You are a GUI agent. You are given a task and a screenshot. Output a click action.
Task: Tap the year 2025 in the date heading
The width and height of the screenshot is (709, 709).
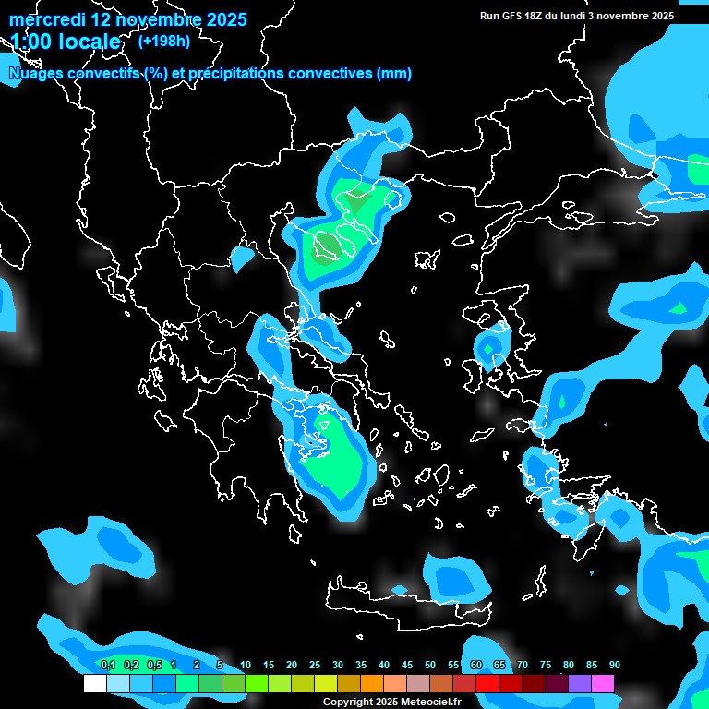click(x=221, y=19)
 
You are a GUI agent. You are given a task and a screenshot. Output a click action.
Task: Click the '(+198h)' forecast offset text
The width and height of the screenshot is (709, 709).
click(x=163, y=41)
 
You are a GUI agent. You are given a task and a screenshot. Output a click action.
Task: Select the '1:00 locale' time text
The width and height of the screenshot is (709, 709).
click(x=66, y=42)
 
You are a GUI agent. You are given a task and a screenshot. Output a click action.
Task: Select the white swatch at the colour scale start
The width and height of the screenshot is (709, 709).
click(x=95, y=684)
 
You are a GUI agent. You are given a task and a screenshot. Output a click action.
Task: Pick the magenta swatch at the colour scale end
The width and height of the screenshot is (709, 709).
click(x=603, y=684)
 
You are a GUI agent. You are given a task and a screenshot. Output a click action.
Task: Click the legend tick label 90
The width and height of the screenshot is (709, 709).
click(x=615, y=665)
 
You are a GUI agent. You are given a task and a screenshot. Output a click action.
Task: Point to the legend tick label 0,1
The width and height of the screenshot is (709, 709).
click(x=107, y=665)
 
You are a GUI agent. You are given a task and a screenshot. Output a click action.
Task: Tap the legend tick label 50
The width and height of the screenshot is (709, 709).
click(x=430, y=665)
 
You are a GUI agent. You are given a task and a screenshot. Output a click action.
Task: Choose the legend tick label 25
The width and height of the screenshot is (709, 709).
click(x=315, y=665)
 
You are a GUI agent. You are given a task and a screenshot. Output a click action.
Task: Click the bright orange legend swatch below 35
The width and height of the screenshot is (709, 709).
click(x=372, y=684)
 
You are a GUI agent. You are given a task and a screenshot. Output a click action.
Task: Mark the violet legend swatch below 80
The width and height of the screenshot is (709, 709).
click(x=580, y=684)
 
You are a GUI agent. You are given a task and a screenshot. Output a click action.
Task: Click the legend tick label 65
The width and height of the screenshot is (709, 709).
click(x=499, y=665)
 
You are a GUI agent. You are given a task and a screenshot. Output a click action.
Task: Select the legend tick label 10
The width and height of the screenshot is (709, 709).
click(x=246, y=665)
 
